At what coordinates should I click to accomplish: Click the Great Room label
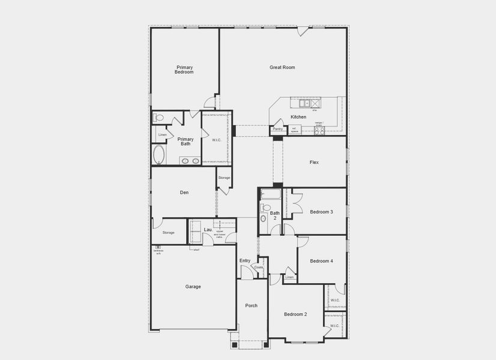click(282, 67)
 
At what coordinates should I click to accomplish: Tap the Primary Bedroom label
click(184, 70)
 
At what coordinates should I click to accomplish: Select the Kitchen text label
click(298, 117)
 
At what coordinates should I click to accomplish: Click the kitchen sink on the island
click(304, 103)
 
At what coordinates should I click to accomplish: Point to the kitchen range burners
click(319, 130)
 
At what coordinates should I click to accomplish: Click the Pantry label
click(277, 129)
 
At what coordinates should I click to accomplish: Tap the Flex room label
click(314, 163)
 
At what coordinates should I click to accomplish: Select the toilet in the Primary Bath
click(158, 118)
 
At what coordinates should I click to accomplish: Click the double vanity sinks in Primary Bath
click(190, 161)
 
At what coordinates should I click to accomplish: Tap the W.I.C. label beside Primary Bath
click(217, 140)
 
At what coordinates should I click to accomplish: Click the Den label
click(184, 193)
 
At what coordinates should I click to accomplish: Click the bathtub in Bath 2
click(271, 194)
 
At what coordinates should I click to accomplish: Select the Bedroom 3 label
click(321, 212)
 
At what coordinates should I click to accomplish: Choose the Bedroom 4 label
click(321, 261)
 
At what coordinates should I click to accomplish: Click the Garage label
click(193, 287)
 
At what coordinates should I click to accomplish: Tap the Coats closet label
click(259, 267)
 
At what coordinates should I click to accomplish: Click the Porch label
click(251, 305)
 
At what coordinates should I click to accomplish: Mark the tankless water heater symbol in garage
click(159, 247)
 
